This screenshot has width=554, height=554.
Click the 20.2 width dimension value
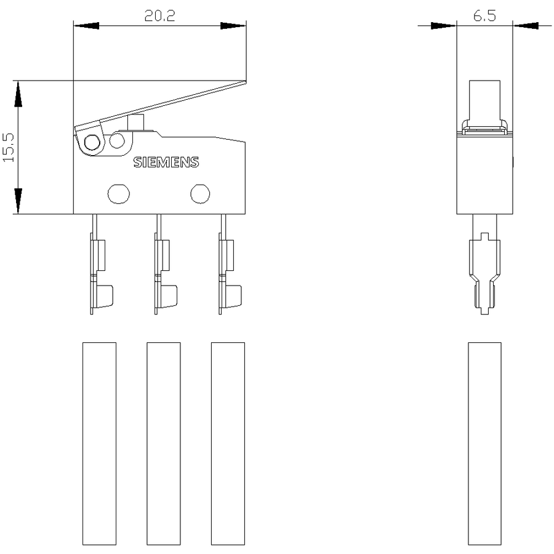(159, 15)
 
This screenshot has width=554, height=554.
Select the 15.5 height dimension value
(9, 147)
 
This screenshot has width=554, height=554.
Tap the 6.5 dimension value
(484, 15)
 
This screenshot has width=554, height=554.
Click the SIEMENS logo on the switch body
(166, 162)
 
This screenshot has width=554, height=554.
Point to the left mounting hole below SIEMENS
(119, 194)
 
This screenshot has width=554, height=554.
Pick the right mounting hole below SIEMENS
(200, 194)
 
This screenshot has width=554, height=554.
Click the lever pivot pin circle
(92, 142)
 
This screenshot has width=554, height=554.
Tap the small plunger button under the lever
(135, 122)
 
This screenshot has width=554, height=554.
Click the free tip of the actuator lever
(246, 82)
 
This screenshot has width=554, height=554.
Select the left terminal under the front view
(102, 264)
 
